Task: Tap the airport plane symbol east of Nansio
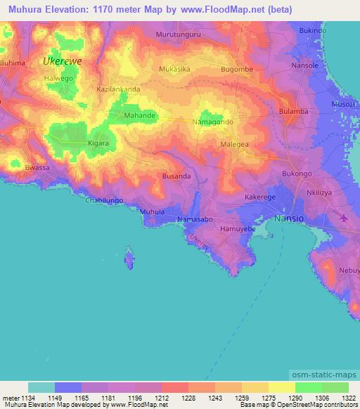342,217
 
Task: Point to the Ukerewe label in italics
62,61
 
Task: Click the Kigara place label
97,143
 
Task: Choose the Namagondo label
212,122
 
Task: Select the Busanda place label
176,176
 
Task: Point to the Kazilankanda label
118,90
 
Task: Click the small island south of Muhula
128,258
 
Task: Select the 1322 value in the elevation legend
347,397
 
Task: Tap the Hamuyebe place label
236,229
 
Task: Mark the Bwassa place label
37,169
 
